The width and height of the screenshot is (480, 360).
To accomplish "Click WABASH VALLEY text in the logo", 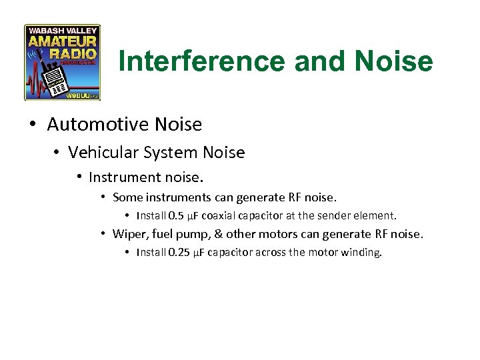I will click(62, 30).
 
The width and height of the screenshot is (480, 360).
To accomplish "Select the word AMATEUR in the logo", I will click(62, 41).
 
